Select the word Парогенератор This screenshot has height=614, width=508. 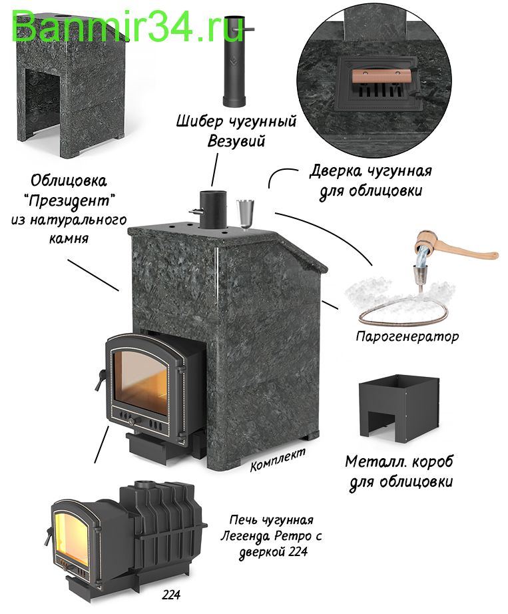(407, 336)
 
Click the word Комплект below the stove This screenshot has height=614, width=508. (278, 458)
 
